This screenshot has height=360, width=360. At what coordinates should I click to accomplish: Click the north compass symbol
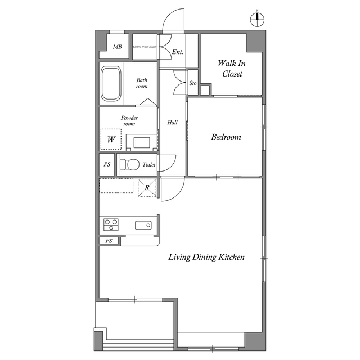click(x=257, y=19)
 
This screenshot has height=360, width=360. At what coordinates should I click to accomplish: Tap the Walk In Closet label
click(x=232, y=69)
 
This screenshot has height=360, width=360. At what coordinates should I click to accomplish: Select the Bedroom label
click(x=226, y=137)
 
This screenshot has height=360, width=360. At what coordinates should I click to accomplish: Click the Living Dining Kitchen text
click(x=207, y=258)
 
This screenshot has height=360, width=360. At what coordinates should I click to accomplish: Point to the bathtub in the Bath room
click(x=111, y=84)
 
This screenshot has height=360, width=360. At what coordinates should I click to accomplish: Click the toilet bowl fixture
click(x=130, y=165)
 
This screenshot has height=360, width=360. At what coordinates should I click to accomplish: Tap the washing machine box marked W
click(x=111, y=139)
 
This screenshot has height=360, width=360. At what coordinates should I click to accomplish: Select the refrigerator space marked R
click(x=147, y=188)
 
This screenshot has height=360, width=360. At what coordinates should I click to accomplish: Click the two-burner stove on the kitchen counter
click(x=111, y=225)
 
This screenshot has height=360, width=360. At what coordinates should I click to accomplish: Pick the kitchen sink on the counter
click(x=143, y=226)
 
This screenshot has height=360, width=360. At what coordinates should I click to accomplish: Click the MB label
click(x=117, y=47)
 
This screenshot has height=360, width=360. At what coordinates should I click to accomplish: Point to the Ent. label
click(x=178, y=51)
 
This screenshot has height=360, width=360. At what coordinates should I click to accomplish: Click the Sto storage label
click(x=192, y=83)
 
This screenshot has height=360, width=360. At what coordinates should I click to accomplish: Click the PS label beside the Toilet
click(x=107, y=165)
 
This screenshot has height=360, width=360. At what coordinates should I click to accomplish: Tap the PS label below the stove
click(x=109, y=241)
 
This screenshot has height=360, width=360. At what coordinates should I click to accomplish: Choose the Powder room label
click(x=129, y=121)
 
